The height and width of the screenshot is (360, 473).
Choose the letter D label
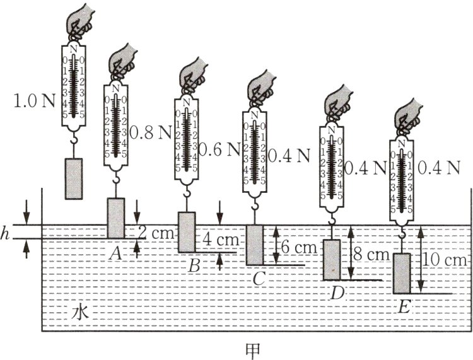(x=337, y=293)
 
